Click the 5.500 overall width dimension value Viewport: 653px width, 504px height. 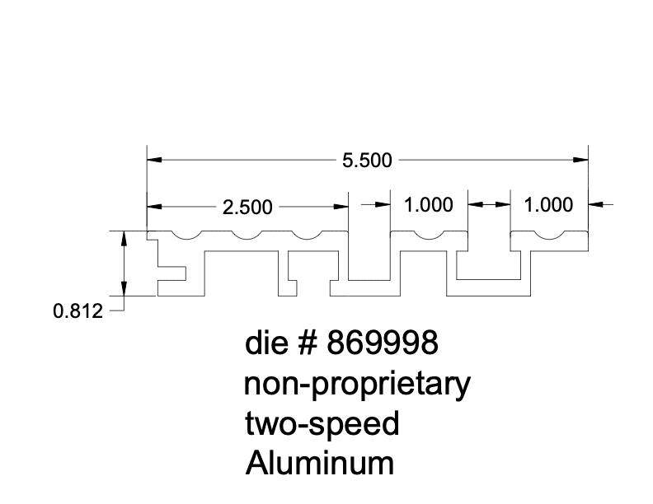pyautogui.click(x=367, y=161)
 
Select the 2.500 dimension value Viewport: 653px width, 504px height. pyautogui.click(x=247, y=208)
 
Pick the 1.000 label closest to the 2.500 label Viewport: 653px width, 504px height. pyautogui.click(x=429, y=205)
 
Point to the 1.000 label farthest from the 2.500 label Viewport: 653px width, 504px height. pyautogui.click(x=548, y=205)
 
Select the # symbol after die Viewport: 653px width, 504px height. pyautogui.click(x=308, y=344)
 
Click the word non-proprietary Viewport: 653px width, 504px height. pyautogui.click(x=358, y=385)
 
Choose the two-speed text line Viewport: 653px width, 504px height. pyautogui.click(x=322, y=424)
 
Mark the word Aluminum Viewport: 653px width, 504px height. pyautogui.click(x=319, y=464)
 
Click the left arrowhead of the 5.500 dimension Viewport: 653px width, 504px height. pyautogui.click(x=153, y=159)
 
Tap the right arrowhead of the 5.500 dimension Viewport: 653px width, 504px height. pyautogui.click(x=582, y=159)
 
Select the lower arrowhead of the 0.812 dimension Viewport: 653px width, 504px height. pyautogui.click(x=124, y=289)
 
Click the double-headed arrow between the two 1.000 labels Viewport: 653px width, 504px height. pyautogui.click(x=490, y=203)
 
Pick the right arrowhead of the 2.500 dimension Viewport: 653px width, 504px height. pyautogui.click(x=341, y=206)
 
